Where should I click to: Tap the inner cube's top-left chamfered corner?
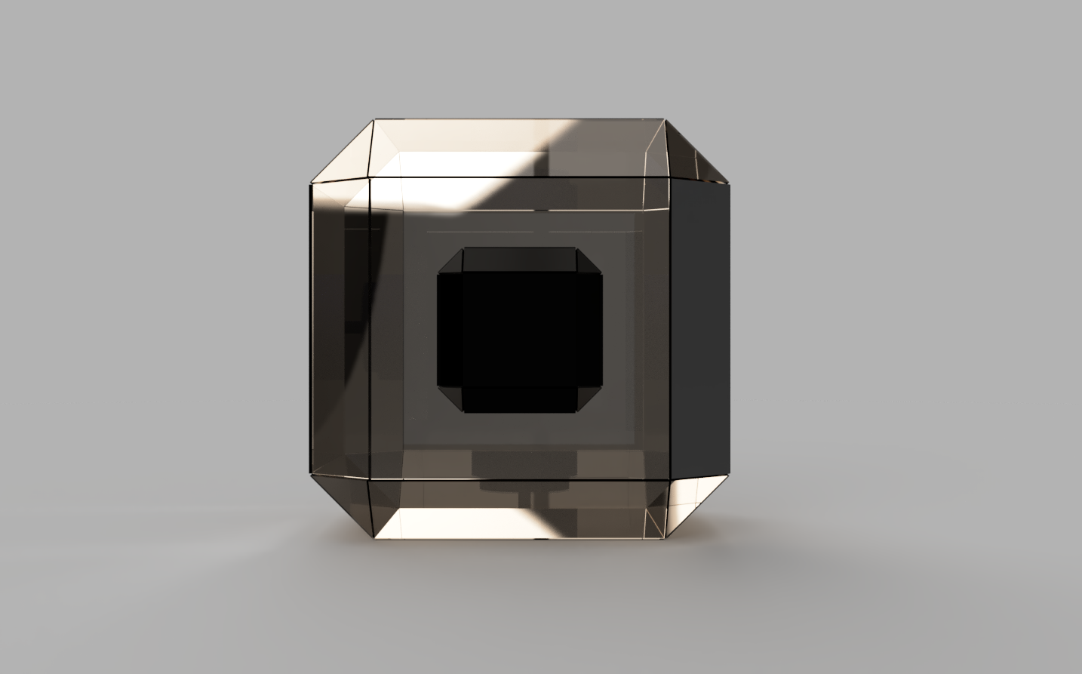click(450, 260)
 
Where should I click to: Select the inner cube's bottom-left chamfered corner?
click(450, 398)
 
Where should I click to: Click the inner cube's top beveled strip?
click(518, 259)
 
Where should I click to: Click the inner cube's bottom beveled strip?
click(518, 399)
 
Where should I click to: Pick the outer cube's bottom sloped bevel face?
click(518, 509)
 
